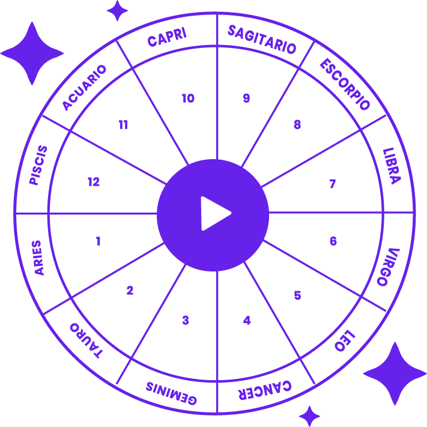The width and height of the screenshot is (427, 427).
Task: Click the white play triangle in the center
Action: click(x=214, y=213)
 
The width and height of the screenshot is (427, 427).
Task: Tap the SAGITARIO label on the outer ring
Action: click(x=262, y=39)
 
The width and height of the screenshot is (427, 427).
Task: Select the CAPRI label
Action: click(x=167, y=38)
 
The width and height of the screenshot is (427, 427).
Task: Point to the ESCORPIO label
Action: click(x=344, y=84)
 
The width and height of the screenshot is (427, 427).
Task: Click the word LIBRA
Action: click(x=391, y=165)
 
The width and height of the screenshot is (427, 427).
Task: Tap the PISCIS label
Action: click(x=37, y=165)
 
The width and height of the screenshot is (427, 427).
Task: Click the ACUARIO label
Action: click(x=84, y=87)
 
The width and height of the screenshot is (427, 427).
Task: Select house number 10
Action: click(x=188, y=98)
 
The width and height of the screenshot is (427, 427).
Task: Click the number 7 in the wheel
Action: click(x=332, y=184)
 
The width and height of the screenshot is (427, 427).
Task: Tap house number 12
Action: click(x=93, y=182)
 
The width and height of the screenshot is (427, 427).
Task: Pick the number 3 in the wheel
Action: click(x=186, y=321)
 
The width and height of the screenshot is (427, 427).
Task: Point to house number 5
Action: click(x=297, y=295)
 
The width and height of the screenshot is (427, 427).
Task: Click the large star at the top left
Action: click(x=32, y=53)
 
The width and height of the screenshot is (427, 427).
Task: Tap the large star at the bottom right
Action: click(x=395, y=374)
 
